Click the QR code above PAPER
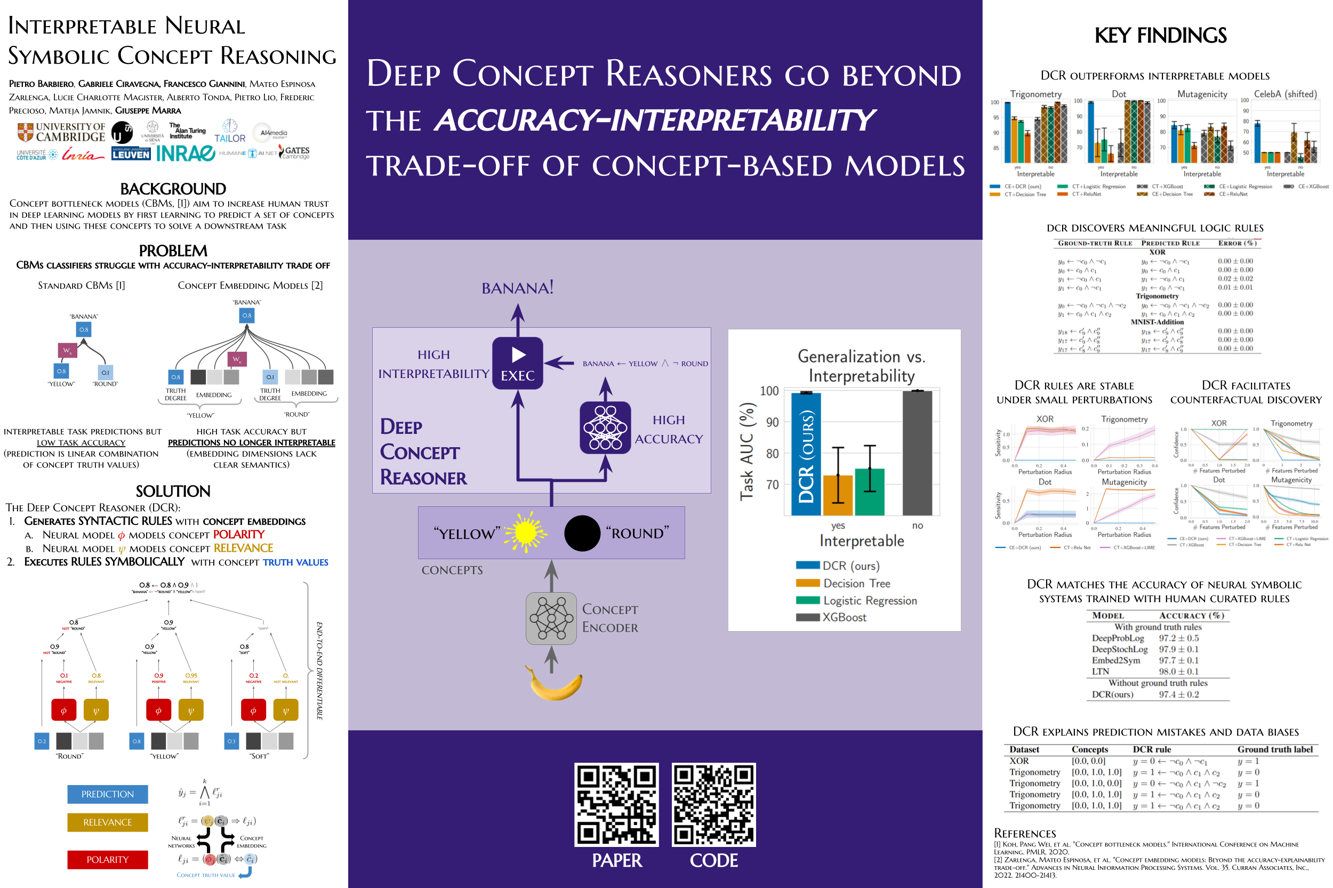pyautogui.click(x=616, y=805)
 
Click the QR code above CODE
pyautogui.click(x=714, y=805)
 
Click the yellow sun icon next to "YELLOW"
pyautogui.click(x=525, y=532)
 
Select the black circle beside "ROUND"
pyautogui.click(x=582, y=533)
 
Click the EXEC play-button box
pyautogui.click(x=517, y=363)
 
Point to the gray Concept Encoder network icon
pyautogui.click(x=551, y=618)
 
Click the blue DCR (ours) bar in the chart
pyautogui.click(x=806, y=453)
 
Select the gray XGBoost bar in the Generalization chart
pyautogui.click(x=917, y=453)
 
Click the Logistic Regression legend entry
pyautogui.click(x=869, y=600)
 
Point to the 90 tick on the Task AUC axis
pyautogui.click(x=772, y=422)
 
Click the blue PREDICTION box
pyautogui.click(x=108, y=794)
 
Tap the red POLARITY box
pyautogui.click(x=108, y=859)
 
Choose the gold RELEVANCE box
pyautogui.click(x=108, y=822)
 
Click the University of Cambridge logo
pyautogui.click(x=61, y=132)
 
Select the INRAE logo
pyautogui.click(x=185, y=154)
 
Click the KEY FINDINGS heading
pyautogui.click(x=1160, y=36)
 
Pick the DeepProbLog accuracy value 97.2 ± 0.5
pyautogui.click(x=1178, y=638)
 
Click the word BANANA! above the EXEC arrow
pyautogui.click(x=517, y=288)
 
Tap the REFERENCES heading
pyautogui.click(x=1025, y=833)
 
